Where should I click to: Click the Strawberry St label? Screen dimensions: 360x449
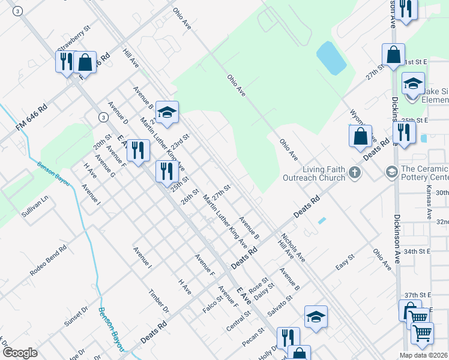74,38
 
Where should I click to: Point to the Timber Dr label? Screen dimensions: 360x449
158,301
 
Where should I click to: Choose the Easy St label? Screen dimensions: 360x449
346,262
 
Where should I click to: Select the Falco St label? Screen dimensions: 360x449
212,304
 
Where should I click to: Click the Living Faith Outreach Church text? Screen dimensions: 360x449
324,173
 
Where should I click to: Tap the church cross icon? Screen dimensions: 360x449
355,173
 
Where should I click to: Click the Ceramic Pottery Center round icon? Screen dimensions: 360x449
391,173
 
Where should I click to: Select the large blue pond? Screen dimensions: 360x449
331,58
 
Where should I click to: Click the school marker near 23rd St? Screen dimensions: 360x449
167,112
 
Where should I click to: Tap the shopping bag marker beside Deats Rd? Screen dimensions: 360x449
360,136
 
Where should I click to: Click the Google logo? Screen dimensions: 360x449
19,353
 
